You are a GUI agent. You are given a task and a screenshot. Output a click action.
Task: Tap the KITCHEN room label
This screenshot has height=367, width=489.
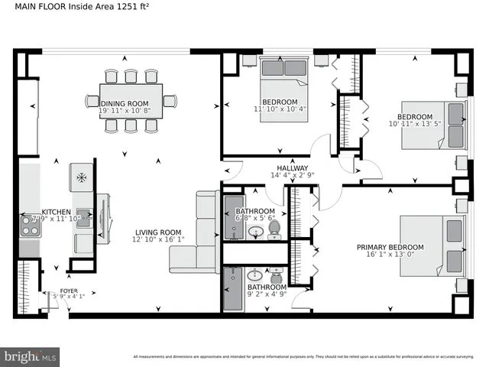tap(57, 211)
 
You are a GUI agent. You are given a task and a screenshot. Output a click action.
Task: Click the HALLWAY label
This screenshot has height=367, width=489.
tap(292, 167)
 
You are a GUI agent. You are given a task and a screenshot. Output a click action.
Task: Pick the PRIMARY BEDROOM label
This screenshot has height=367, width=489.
tap(390, 247)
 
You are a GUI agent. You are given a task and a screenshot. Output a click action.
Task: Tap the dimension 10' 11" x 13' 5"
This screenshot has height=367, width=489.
tap(416, 125)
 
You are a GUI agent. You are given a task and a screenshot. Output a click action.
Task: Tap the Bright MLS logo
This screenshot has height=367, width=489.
tap(31, 356)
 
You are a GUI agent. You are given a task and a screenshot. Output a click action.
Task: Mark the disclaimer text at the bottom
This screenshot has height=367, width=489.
tap(306, 357)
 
